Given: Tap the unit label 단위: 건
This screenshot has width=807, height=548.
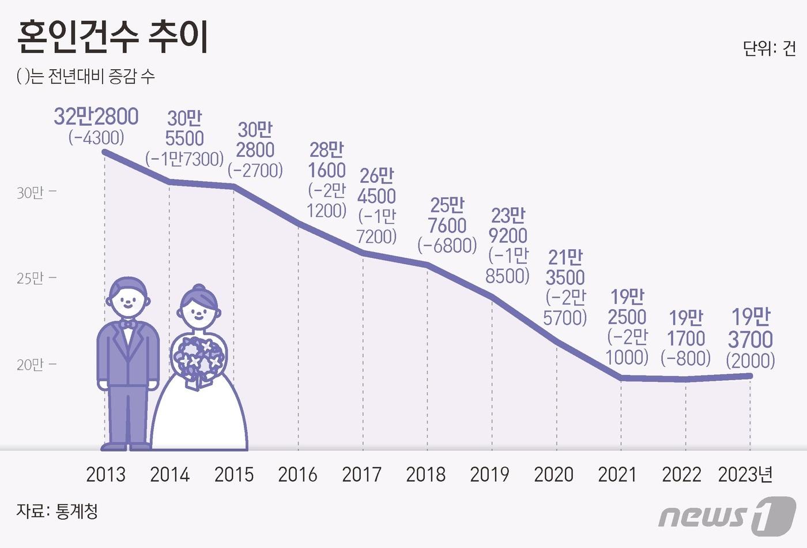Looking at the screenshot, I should click(769, 48).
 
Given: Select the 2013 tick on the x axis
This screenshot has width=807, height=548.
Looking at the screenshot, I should click(105, 474).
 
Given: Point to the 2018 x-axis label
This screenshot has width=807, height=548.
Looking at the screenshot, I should click(425, 474).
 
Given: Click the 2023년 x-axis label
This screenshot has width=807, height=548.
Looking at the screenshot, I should click(745, 474).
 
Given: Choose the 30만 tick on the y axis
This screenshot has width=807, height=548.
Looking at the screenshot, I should click(30, 192).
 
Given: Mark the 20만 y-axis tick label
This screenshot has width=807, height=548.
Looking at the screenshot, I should click(30, 365).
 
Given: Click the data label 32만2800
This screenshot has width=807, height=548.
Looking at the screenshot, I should click(96, 117).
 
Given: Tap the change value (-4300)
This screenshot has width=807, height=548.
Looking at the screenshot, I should click(96, 137).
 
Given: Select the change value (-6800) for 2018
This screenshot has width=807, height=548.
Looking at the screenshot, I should click(447, 245).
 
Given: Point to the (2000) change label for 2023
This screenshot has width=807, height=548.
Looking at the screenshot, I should click(750, 361).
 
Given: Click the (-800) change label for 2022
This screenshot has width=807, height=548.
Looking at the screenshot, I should click(686, 358).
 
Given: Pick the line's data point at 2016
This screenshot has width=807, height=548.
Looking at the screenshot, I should click(299, 223).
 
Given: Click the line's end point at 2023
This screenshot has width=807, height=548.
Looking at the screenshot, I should click(750, 376).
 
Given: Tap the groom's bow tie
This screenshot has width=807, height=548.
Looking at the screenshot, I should click(128, 325).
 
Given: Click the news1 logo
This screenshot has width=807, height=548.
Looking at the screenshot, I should click(727, 515).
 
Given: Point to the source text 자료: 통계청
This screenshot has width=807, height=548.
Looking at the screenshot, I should click(57, 511).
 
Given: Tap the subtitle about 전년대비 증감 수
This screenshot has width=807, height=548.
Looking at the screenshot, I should click(86, 77).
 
